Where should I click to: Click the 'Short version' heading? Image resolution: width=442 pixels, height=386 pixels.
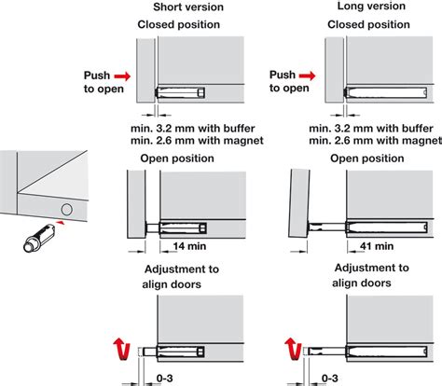tap(188, 7)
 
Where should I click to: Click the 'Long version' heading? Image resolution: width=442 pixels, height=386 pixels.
tap(371, 6)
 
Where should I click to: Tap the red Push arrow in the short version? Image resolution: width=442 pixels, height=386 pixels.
tap(122, 76)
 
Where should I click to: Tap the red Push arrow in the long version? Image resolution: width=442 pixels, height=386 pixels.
tap(307, 76)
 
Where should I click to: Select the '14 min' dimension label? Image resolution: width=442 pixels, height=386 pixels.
tap(189, 246)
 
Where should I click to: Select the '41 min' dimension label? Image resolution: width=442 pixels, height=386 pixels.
tap(377, 246)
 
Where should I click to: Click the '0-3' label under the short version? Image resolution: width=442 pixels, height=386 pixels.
tap(164, 379)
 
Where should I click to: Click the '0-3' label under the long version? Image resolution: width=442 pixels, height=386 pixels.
tap(330, 379)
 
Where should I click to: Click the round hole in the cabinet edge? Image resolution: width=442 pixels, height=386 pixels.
tap(66, 210)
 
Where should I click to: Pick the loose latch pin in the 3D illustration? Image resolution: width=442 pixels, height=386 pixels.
tap(39, 239)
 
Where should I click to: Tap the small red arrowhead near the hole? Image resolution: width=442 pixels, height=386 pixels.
tap(62, 222)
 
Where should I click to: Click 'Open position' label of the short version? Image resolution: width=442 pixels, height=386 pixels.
tap(177, 159)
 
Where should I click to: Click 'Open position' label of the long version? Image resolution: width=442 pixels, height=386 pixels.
tap(367, 159)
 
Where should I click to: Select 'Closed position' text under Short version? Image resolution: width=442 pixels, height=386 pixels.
tap(179, 24)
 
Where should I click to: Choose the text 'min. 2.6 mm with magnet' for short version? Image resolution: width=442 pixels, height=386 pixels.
tap(197, 141)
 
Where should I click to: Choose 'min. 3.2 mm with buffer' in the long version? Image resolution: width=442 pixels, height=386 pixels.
tap(371, 129)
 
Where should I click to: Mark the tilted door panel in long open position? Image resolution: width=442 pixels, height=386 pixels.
tap(299, 203)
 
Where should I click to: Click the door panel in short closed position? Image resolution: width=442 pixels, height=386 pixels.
tap(145, 71)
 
